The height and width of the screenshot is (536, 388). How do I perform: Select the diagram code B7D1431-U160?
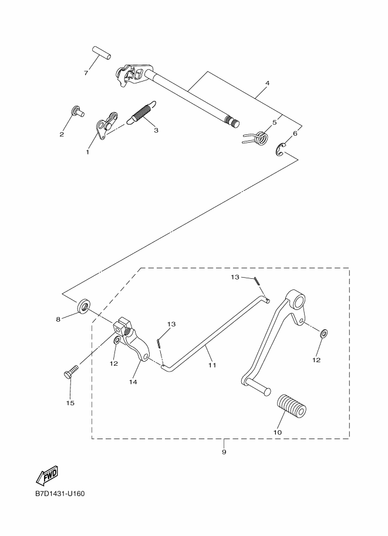click(x=60, y=494)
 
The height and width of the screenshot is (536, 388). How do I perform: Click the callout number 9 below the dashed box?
click(x=224, y=452)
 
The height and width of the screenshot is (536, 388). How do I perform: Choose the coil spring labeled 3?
click(x=141, y=112)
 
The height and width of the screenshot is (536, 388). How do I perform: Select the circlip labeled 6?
click(x=281, y=150)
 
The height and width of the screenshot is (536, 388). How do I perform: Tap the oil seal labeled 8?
click(x=84, y=306)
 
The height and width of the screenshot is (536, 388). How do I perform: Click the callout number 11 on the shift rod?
click(x=212, y=365)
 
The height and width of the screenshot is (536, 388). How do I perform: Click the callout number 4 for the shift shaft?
click(x=267, y=83)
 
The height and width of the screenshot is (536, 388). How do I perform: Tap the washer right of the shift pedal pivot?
click(x=323, y=333)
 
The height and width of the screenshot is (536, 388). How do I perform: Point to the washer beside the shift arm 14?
click(x=117, y=341)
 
